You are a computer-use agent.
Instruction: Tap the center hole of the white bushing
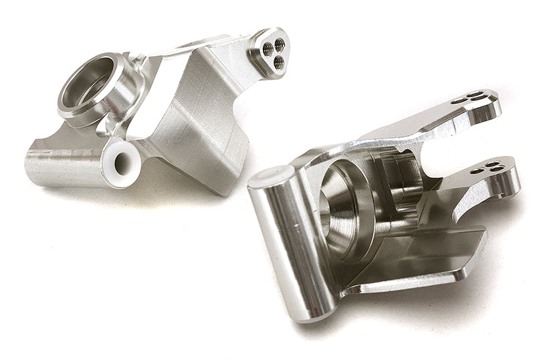tap(122, 161)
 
